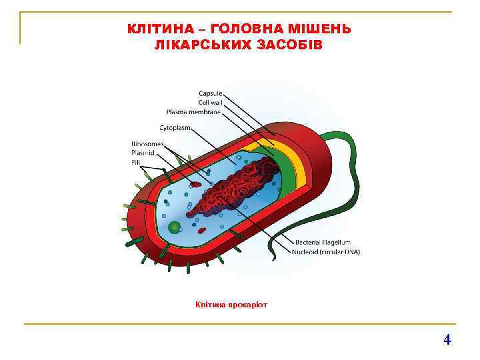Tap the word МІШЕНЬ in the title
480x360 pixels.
tap(325, 29)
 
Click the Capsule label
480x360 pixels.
tap(211, 93)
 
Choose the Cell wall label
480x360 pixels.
tap(210, 103)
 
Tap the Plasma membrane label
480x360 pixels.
tap(193, 111)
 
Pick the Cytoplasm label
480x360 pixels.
tap(175, 127)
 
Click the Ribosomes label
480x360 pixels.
tap(145, 143)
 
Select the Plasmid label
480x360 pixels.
tap(142, 152)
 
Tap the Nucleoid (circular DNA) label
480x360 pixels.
tap(326, 251)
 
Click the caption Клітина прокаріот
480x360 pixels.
tap(231, 305)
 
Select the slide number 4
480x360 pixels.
tap(447, 339)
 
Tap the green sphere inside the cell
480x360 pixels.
tap(174, 227)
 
